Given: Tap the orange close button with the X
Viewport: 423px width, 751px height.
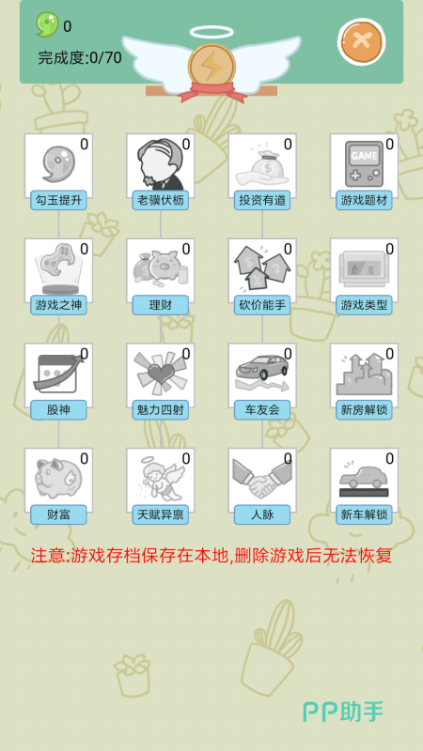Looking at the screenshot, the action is [x=361, y=41].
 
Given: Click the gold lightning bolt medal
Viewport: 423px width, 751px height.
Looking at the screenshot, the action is [x=211, y=67].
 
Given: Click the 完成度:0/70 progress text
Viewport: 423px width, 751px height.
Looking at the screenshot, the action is [x=80, y=58].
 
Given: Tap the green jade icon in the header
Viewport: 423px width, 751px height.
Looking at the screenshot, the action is [x=48, y=24].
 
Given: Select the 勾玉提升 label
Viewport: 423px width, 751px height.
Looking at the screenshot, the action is [x=58, y=200].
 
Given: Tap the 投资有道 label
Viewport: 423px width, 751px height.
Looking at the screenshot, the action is [x=262, y=200].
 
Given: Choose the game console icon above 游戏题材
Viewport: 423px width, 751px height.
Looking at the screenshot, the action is [x=364, y=163].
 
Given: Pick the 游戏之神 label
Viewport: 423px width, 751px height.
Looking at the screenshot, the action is [x=58, y=305].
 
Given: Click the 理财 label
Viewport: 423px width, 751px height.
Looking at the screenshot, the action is [x=160, y=305].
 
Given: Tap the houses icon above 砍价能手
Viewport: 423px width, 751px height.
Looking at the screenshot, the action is [x=262, y=267].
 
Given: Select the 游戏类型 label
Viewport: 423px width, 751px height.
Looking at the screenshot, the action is [x=364, y=305].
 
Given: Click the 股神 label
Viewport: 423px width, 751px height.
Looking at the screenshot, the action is [x=58, y=410].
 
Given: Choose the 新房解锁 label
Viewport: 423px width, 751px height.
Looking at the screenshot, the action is [x=364, y=410].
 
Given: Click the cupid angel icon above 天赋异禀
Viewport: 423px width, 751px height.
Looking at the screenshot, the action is [x=160, y=478].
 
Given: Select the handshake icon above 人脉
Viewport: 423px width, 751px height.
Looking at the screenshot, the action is [x=262, y=478].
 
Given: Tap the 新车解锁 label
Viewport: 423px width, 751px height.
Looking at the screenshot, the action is [x=364, y=514].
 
